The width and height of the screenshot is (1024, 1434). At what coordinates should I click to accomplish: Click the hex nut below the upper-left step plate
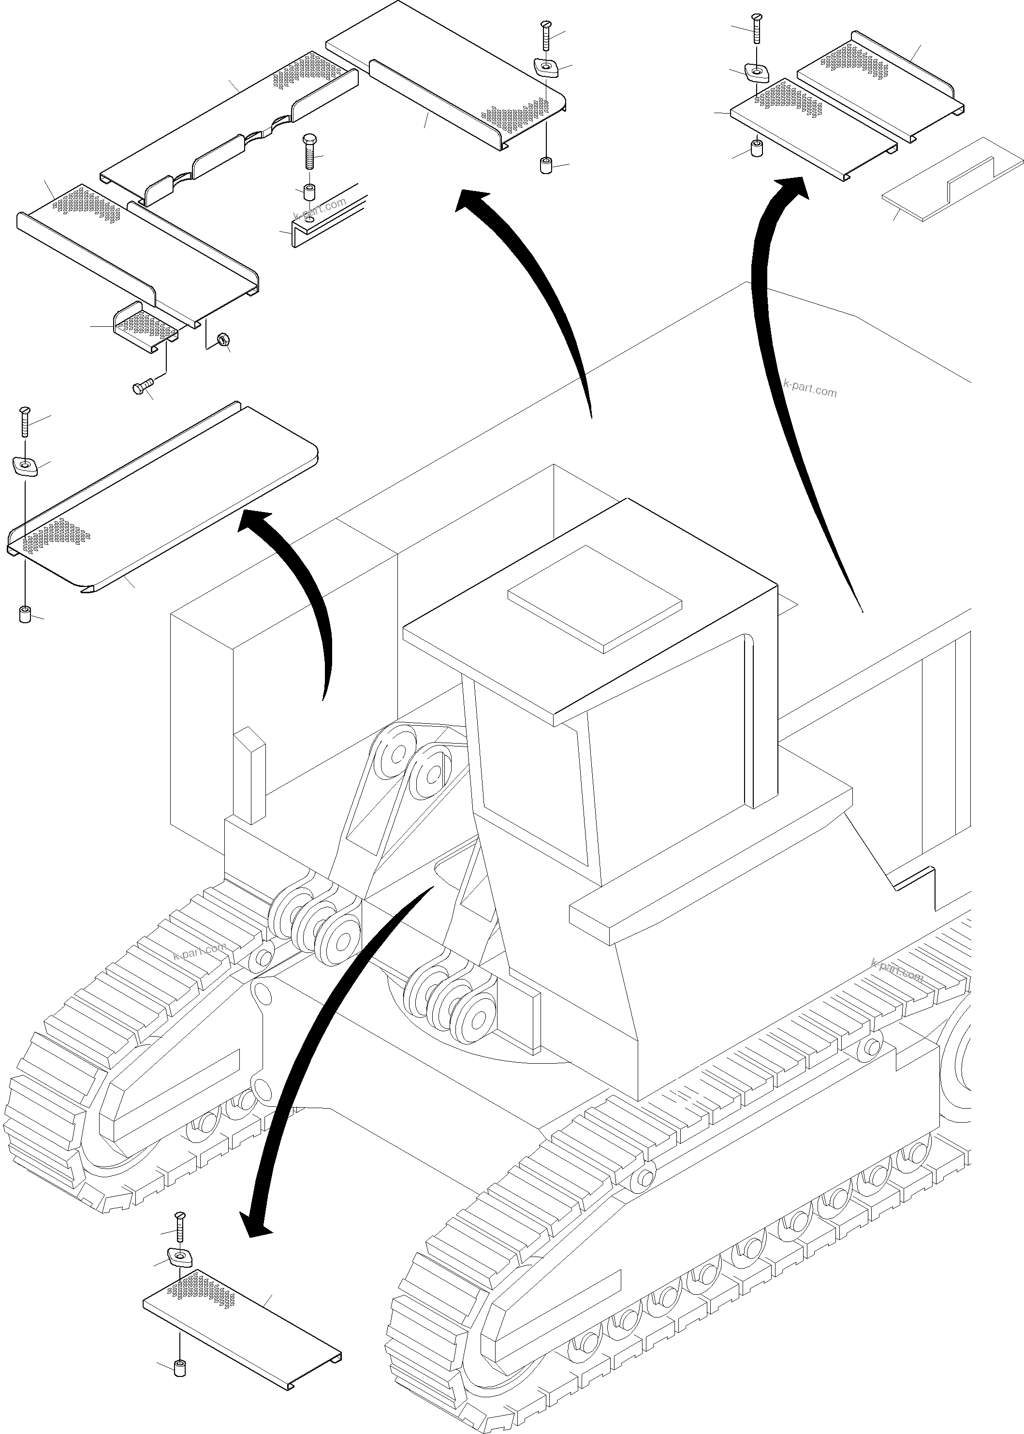point(222,340)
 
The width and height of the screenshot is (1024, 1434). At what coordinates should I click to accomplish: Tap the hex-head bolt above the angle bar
point(308,151)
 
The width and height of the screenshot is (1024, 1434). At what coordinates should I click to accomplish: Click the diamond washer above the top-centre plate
point(545,67)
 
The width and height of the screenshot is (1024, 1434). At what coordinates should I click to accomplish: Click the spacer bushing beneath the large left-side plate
point(25,614)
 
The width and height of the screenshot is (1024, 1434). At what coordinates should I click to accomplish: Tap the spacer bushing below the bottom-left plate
point(180,1368)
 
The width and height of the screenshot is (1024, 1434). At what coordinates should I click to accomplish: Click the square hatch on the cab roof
point(595,599)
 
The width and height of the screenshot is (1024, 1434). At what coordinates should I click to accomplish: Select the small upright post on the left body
point(249,776)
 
